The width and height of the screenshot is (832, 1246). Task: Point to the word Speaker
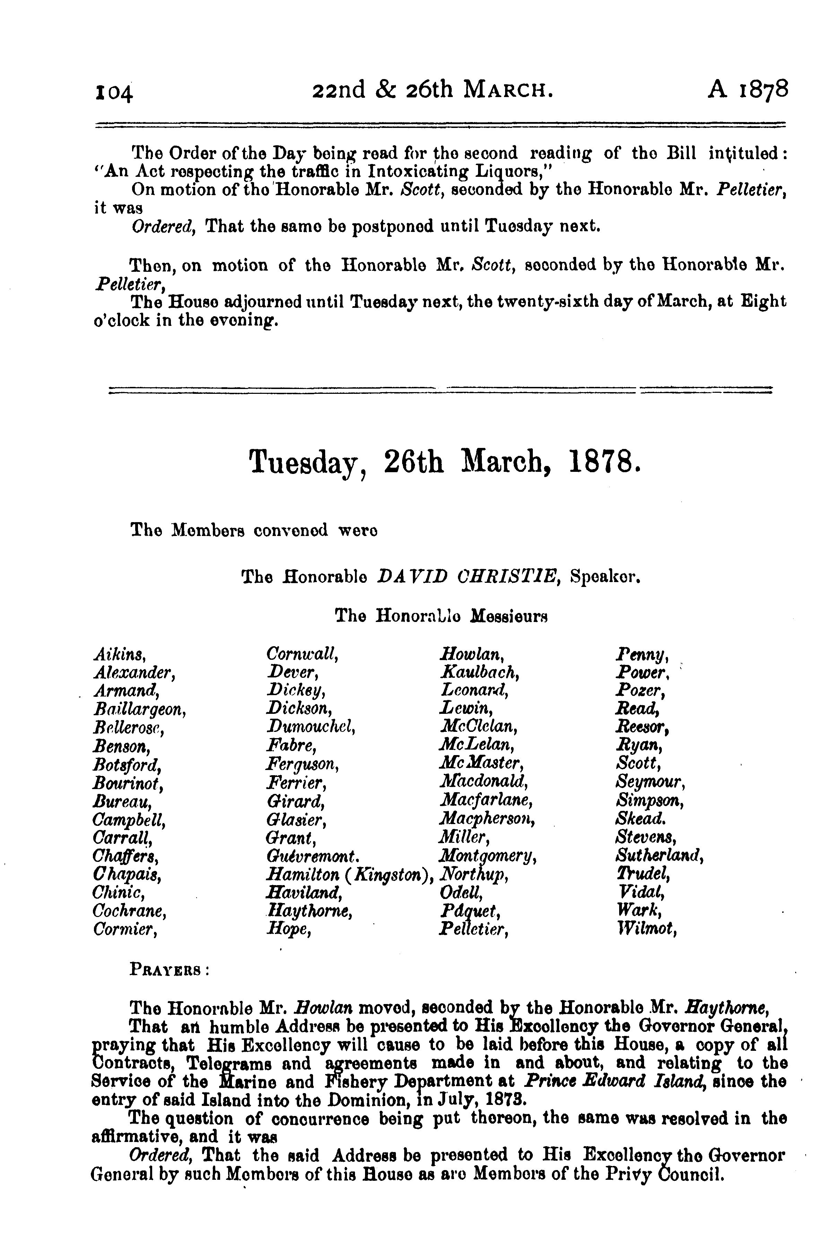[x=605, y=576]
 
